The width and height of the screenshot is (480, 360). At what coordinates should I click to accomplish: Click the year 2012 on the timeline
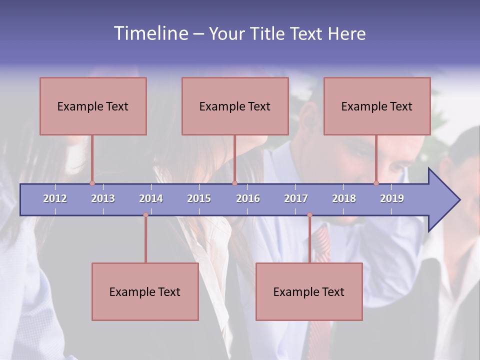pos(55,198)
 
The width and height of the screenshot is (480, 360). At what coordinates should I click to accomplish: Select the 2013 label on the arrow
pos(103,198)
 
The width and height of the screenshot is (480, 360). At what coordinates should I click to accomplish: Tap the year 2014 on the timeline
pos(151,198)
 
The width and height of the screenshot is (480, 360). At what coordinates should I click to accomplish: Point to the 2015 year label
pos(199,198)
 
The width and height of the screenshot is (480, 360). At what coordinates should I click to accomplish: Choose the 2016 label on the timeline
pos(248,198)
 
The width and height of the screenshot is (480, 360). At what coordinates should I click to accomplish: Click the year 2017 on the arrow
pos(296,198)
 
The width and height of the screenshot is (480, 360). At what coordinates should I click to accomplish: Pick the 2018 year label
pos(344,198)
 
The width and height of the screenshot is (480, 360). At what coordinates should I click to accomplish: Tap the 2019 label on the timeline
pos(392,198)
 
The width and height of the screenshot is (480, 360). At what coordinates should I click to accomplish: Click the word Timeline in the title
pos(150,33)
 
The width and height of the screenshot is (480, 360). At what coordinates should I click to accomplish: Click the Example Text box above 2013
pos(93,106)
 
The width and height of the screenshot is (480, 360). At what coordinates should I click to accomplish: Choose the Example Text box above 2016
pos(235,106)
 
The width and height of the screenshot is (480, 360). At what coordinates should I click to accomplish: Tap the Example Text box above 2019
pos(377,106)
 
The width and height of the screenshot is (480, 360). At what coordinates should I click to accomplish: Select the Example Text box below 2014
pos(145,291)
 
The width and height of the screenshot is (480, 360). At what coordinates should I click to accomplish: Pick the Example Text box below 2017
pos(309,291)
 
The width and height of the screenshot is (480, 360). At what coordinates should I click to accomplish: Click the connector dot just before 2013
pos(92,183)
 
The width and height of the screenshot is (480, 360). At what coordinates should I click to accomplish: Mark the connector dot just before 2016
pos(234,183)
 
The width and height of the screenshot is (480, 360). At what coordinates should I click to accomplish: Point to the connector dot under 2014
pos(145,215)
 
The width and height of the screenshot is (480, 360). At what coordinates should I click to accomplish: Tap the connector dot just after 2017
pos(309,215)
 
